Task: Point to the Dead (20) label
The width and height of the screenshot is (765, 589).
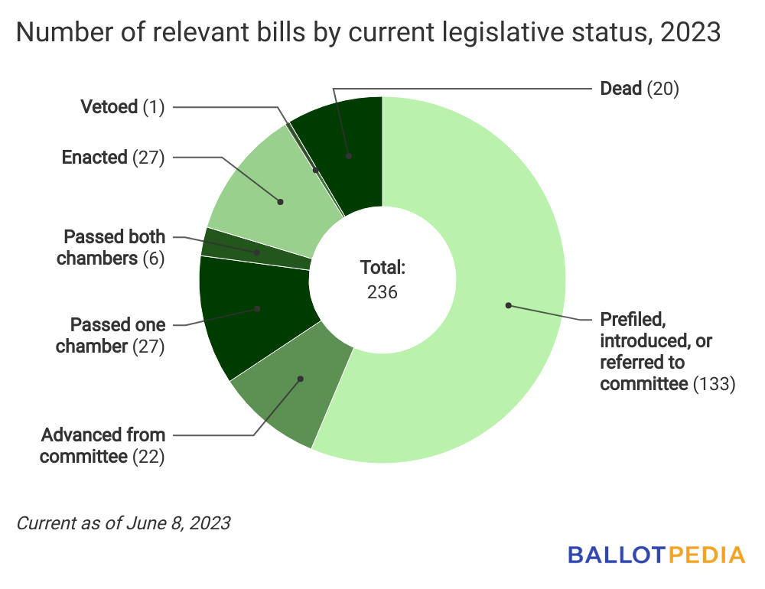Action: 640,89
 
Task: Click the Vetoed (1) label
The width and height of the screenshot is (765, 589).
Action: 122,107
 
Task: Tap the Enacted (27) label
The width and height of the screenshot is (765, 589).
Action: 113,158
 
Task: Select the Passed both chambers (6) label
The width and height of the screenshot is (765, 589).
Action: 111,247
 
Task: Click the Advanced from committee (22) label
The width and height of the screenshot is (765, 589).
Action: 103,447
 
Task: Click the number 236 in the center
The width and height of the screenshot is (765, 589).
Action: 382,291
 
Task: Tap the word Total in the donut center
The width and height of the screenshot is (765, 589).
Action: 382,268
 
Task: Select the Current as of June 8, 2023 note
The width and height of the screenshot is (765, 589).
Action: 123,524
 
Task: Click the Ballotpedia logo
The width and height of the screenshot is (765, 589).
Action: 656,555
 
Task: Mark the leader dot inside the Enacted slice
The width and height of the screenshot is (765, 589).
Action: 281,202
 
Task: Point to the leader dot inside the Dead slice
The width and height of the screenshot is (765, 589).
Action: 349,156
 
